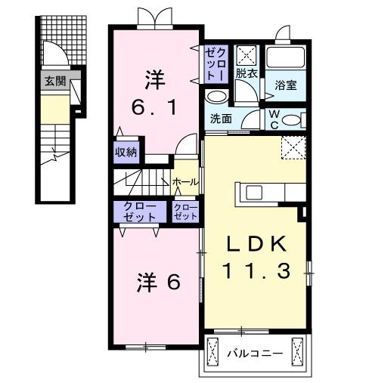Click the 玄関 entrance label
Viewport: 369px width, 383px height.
point(54,80)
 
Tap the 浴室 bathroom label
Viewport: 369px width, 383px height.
point(285,85)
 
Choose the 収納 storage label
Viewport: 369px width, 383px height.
point(126,151)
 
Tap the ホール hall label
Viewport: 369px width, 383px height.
point(185,182)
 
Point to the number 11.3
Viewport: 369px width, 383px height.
point(256,270)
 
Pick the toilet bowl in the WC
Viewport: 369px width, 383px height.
point(295,119)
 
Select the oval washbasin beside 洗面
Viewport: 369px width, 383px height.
point(217,97)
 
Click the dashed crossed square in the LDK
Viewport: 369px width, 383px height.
point(293,147)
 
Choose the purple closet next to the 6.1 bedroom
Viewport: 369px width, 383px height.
point(215,63)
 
